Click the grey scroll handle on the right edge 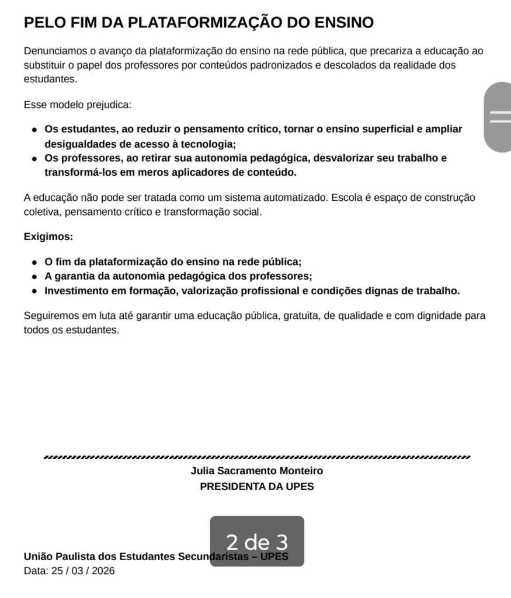[498, 117]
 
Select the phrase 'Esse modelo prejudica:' [78, 105]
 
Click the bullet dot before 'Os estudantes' [34, 130]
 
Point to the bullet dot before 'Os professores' [34, 158]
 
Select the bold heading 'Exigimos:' [48, 237]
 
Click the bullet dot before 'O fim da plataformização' [34, 262]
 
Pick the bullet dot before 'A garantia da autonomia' [34, 276]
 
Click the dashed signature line [257, 457]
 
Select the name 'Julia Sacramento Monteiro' [257, 471]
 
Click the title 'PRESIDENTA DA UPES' [257, 486]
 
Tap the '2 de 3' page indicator [257, 541]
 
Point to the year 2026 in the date [103, 571]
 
